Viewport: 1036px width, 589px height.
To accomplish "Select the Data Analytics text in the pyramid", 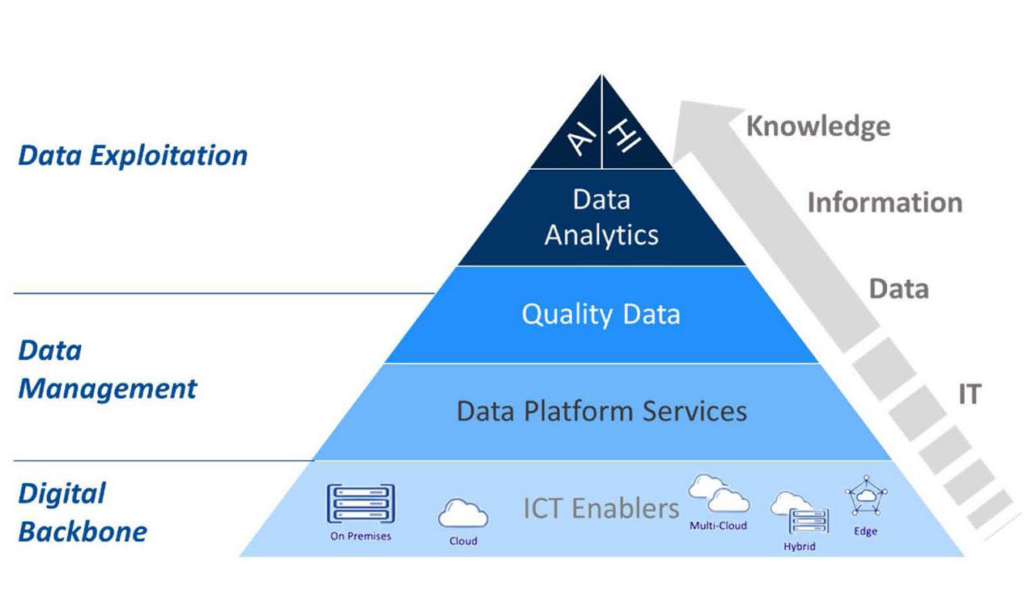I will tap(601, 217).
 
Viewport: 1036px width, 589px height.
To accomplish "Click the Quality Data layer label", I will tap(601, 314).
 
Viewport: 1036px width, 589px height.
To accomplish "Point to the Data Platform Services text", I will tap(601, 411).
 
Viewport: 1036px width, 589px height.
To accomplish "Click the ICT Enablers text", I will tap(601, 508).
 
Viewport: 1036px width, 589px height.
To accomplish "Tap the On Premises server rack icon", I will tap(360, 504).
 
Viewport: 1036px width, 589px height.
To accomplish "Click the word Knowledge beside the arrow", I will tap(817, 127).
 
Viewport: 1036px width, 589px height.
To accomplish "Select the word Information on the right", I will tap(885, 202).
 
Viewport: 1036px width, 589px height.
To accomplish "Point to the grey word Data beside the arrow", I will tap(898, 289).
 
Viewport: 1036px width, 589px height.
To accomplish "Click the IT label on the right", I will tap(969, 394).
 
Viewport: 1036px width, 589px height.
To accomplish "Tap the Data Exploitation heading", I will tap(133, 155).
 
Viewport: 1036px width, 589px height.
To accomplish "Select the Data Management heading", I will tap(107, 370).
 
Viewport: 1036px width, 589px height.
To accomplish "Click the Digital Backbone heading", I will tap(83, 512).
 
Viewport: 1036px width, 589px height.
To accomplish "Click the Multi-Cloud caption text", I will tap(718, 526).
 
